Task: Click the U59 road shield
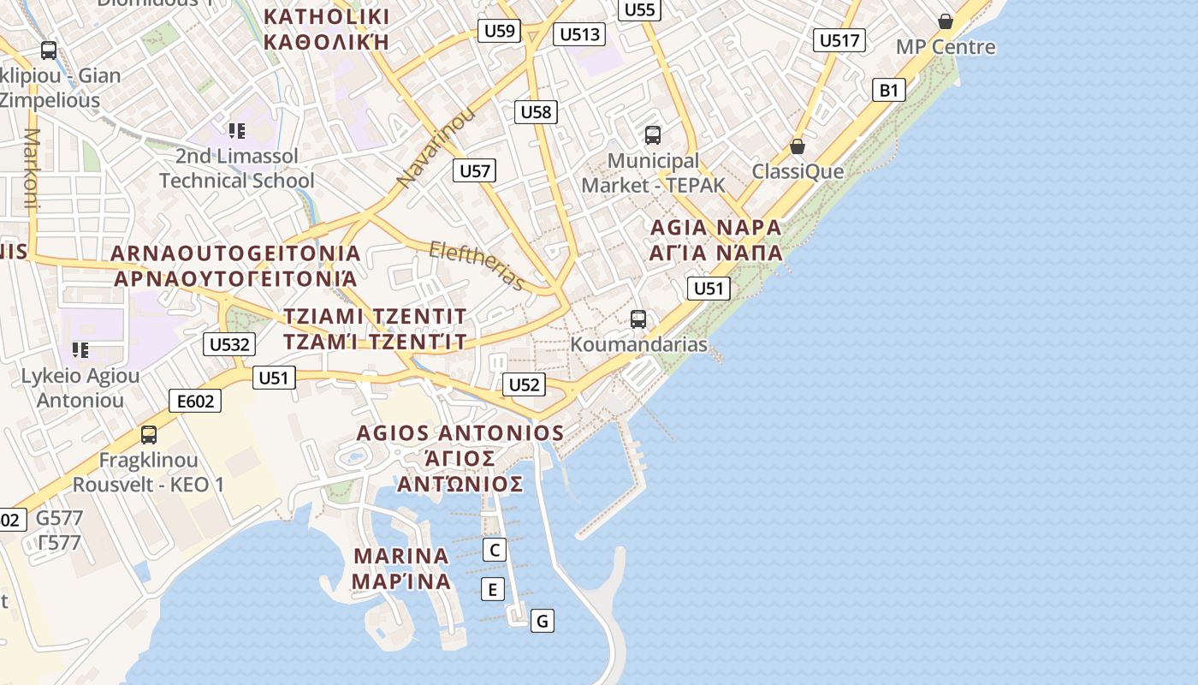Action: [500, 32]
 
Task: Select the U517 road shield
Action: [839, 40]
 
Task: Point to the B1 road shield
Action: [889, 90]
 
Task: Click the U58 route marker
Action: [537, 111]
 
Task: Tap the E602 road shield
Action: [195, 401]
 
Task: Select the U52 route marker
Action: [524, 385]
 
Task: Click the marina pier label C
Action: [494, 550]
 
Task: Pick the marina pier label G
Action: [542, 621]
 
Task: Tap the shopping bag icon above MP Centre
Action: [946, 21]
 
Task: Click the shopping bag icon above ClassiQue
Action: [798, 146]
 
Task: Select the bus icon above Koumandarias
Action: [638, 319]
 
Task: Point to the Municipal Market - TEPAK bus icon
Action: [653, 135]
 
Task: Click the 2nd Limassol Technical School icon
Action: [237, 131]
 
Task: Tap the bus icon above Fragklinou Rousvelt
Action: [149, 435]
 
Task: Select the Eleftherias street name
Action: [477, 265]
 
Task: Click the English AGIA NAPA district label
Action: [716, 228]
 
